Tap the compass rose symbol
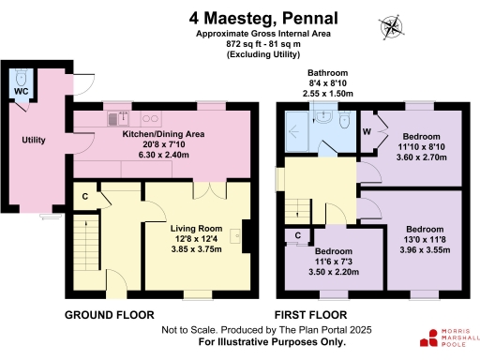pyautogui.click(x=389, y=27)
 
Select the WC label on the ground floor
pyautogui.click(x=20, y=92)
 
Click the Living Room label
pyautogui.click(x=195, y=228)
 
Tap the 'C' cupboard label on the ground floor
pyautogui.click(x=84, y=196)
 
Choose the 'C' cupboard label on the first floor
pyautogui.click(x=298, y=235)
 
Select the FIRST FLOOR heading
pyautogui.click(x=310, y=314)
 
